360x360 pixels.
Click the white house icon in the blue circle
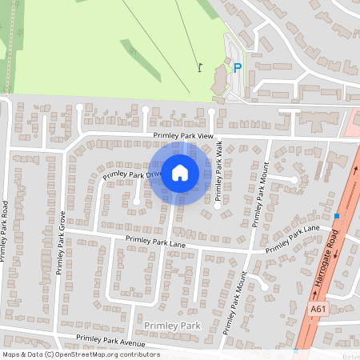point(180,172)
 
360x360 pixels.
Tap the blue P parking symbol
point(237,68)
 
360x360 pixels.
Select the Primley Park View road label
point(184,137)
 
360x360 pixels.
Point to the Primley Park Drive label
point(133,172)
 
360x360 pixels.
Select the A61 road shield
point(318,308)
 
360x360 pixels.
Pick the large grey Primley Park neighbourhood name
point(173,326)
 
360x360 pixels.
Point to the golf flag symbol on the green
point(199,67)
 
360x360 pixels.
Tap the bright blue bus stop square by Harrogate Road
point(337,216)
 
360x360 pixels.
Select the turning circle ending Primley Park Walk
point(218,206)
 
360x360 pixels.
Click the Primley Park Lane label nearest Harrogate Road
point(293,238)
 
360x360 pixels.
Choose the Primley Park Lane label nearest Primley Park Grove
point(154,239)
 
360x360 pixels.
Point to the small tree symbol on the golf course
point(134,50)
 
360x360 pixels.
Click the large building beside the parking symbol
point(219,78)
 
